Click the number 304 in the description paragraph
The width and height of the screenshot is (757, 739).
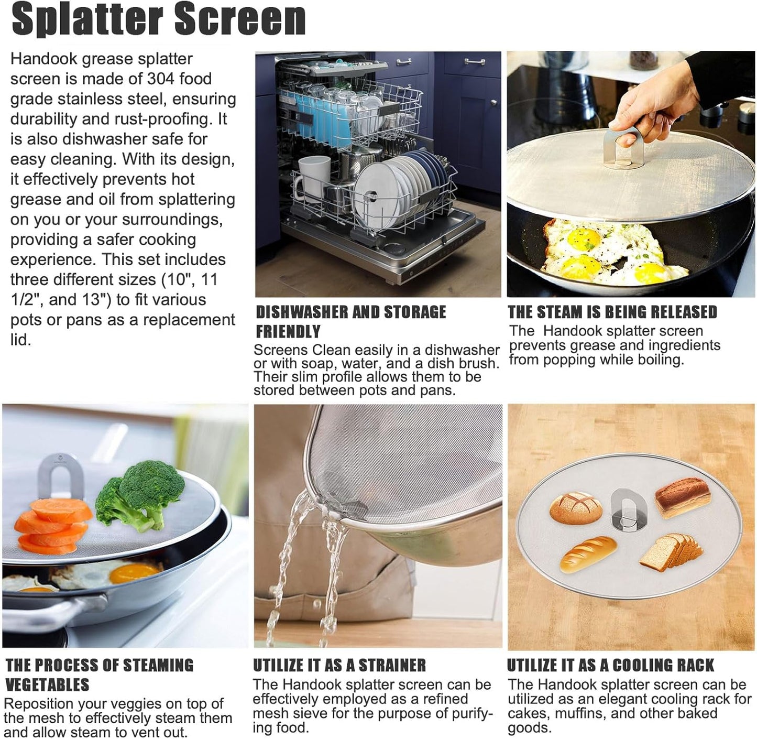[160, 79]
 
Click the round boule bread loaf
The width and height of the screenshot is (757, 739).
[576, 507]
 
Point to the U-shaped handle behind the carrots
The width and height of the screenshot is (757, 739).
[60, 474]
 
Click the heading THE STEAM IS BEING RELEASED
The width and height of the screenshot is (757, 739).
[612, 312]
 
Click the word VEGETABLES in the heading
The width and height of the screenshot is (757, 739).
[47, 685]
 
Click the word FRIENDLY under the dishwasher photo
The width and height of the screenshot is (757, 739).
[288, 332]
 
